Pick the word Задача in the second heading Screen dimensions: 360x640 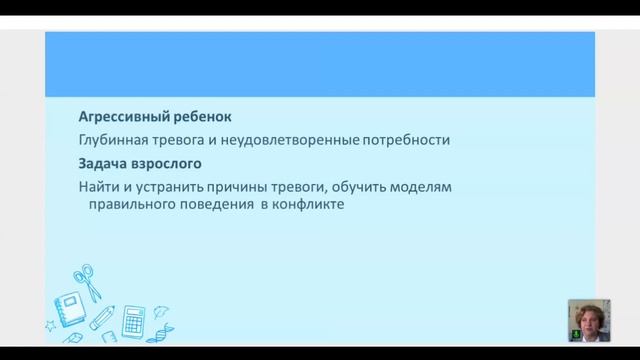pyautogui.click(x=103, y=163)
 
